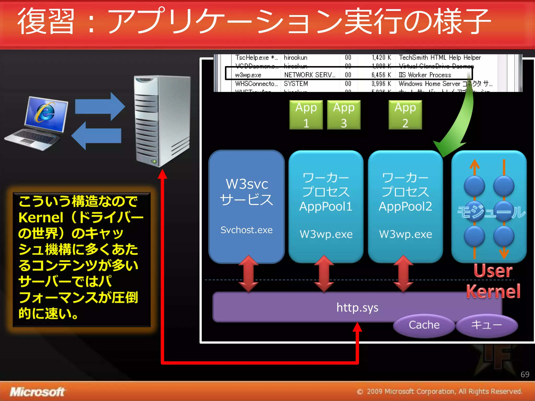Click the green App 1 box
[306, 115]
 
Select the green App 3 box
[344, 115]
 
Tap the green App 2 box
[405, 115]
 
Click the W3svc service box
[247, 206]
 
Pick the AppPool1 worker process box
[326, 206]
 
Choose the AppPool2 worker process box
[405, 206]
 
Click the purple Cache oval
[424, 325]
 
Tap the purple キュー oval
[486, 325]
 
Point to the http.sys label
[357, 307]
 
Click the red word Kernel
[493, 291]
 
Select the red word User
[493, 271]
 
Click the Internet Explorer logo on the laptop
[45, 113]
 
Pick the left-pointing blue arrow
[97, 136]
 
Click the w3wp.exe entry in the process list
[248, 75]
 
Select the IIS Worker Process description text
[425, 75]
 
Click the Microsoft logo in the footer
[37, 392]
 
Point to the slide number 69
[525, 374]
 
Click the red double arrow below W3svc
[248, 274]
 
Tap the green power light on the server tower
[155, 162]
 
